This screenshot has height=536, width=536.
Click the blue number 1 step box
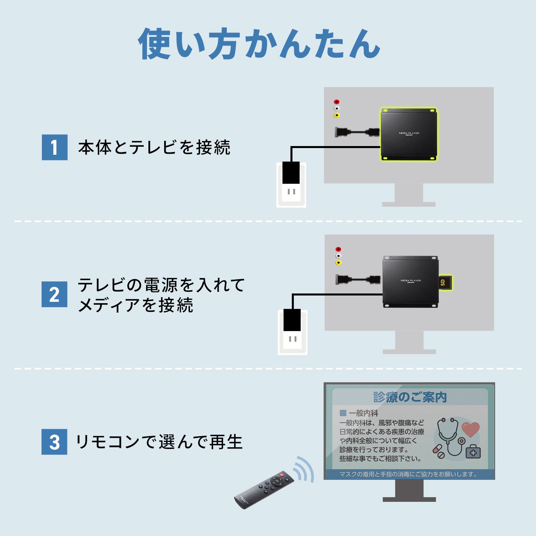click(55, 147)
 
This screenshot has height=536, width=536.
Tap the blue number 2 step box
click(54, 294)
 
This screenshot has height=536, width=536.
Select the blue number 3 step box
click(54, 442)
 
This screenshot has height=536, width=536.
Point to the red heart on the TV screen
click(470, 429)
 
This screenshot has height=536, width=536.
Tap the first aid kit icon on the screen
click(473, 452)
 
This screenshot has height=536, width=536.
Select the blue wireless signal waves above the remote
click(304, 469)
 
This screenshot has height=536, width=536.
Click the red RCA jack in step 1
click(337, 102)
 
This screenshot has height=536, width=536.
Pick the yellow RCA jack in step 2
click(338, 263)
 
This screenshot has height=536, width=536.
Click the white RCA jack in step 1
click(337, 109)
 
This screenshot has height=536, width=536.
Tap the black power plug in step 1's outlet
click(291, 173)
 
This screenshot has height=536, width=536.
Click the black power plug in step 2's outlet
click(292, 320)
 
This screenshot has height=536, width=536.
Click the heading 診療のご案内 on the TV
click(410, 397)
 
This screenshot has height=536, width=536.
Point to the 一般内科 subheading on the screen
click(363, 413)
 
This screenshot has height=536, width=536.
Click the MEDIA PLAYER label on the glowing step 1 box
click(409, 133)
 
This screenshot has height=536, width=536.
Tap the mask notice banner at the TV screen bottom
click(409, 474)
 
